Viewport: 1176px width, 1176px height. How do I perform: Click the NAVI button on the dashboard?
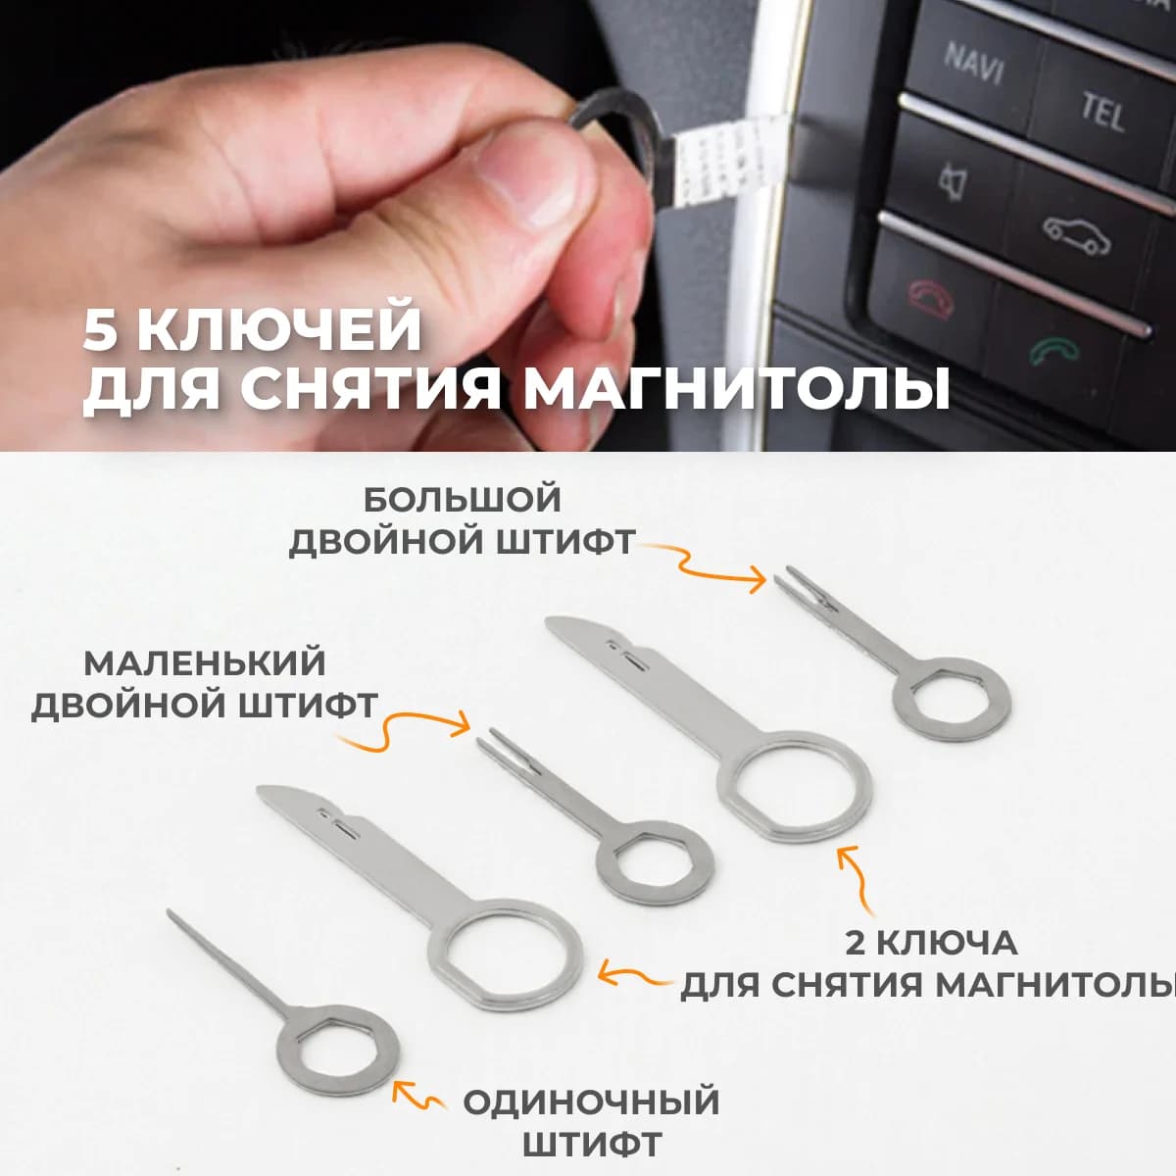point(972,62)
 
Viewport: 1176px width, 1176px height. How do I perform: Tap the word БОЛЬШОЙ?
point(462,500)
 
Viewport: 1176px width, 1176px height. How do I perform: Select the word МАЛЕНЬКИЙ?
point(204,663)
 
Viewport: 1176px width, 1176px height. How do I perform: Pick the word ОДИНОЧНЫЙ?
point(591,1102)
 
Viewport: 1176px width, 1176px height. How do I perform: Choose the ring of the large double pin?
point(952,698)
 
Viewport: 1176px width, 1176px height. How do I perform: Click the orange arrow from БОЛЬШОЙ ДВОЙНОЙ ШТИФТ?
point(707,567)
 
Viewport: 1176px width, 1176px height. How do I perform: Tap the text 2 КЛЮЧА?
point(930,943)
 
